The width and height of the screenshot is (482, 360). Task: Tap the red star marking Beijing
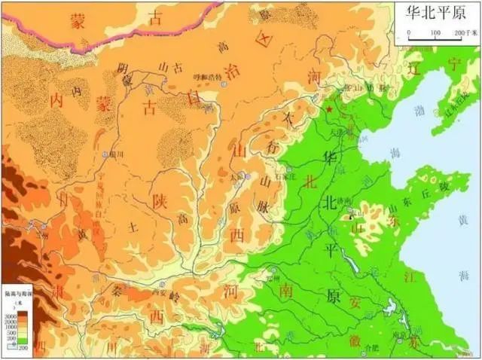pyautogui.click(x=329, y=111)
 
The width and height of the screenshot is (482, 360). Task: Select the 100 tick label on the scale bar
pyautogui.click(x=435, y=33)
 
